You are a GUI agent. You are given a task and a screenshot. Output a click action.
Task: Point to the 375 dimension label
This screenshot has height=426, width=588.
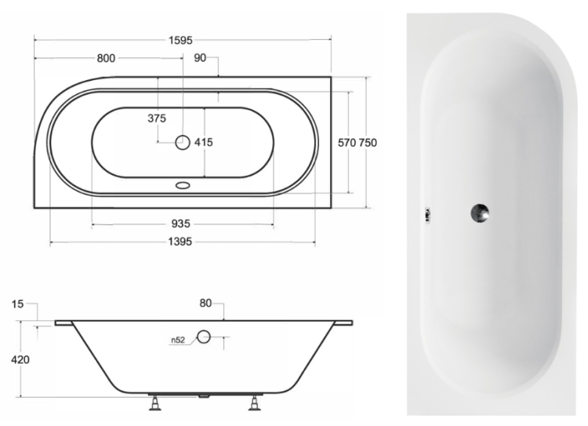tap(157, 119)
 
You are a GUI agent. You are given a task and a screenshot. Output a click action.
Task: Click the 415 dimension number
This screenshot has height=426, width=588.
tap(204, 143)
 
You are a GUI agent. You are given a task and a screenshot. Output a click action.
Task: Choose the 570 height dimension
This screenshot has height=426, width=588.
tap(347, 143)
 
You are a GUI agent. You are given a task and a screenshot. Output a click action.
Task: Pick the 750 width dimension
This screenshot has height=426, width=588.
tap(368, 143)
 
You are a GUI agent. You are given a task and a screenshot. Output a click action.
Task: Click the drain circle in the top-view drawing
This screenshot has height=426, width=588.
tap(183, 143)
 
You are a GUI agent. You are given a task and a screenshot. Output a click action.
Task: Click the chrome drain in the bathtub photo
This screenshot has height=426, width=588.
tap(480, 212)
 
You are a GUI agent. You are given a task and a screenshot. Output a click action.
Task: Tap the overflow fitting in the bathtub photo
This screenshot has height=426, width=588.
tap(427, 213)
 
